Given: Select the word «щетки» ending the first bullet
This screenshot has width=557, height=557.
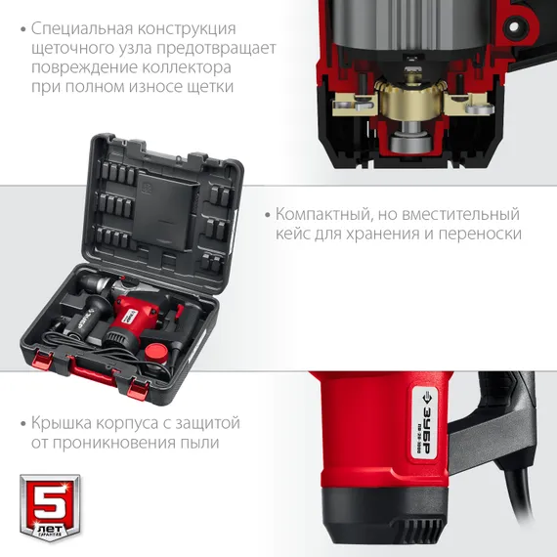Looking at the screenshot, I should [211, 87].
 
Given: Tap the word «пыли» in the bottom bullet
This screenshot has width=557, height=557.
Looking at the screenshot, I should [196, 443].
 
